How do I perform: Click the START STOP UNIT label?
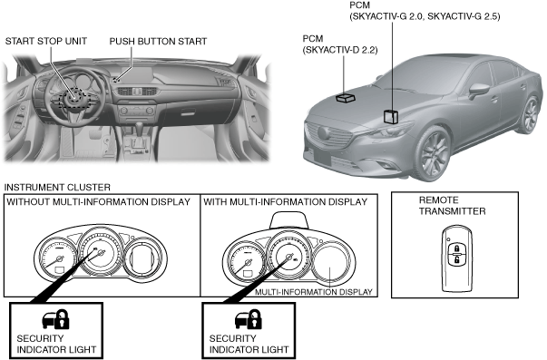(x=46, y=41)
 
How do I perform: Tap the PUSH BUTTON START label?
(x=158, y=41)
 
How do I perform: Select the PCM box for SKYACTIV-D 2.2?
(x=346, y=98)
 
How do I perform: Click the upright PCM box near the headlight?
(x=391, y=116)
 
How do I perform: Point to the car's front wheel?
(x=433, y=153)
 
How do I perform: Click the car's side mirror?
(x=478, y=91)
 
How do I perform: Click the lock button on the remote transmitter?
(x=456, y=248)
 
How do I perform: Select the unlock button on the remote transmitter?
(x=456, y=259)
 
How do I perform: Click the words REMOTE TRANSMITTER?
(x=452, y=206)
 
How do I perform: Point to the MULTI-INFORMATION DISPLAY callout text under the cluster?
(x=314, y=292)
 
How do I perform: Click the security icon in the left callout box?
(x=56, y=319)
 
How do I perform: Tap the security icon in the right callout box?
(x=249, y=319)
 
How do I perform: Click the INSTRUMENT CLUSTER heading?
(x=57, y=188)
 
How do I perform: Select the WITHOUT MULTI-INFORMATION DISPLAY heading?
(x=98, y=202)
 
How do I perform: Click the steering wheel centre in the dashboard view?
(x=74, y=98)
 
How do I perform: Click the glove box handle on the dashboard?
(x=188, y=112)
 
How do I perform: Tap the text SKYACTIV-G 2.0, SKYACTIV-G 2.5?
(x=425, y=16)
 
